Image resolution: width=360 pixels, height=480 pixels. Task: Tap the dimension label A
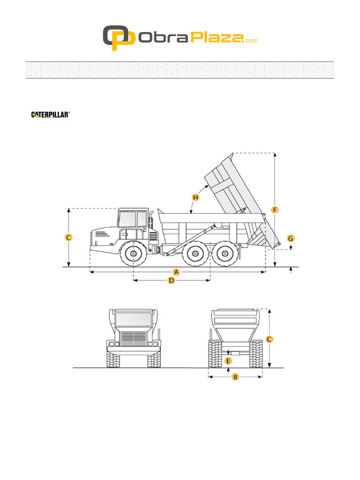tap(177, 272)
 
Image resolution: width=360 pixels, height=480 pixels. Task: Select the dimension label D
tap(172, 281)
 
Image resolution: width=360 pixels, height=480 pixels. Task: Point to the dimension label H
tap(195, 197)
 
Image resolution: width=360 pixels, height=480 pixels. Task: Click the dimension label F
tap(275, 210)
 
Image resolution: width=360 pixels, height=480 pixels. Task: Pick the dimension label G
tap(291, 239)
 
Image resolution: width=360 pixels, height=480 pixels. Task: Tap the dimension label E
tap(228, 361)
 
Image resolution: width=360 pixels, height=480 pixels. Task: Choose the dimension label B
tap(236, 376)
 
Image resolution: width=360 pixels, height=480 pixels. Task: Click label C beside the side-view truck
tap(68, 238)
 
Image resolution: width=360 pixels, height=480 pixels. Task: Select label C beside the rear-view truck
tap(269, 339)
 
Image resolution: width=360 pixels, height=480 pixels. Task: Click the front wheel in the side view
tap(134, 254)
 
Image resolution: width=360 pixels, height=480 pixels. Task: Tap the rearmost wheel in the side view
tap(225, 254)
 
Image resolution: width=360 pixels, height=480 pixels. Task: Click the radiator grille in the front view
tap(134, 339)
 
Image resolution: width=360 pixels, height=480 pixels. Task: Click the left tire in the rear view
tap(215, 354)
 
